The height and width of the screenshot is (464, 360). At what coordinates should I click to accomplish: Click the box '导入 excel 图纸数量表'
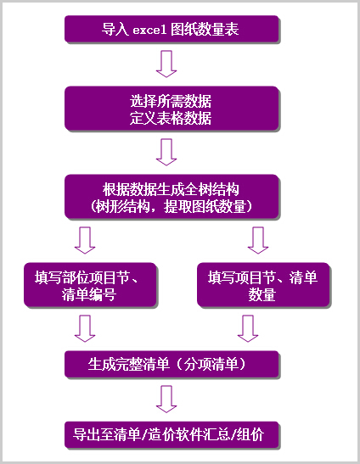tap(172, 31)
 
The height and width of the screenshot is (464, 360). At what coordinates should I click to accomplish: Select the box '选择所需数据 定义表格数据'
tap(172, 109)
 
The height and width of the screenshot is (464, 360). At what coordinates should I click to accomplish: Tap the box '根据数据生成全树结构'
tap(172, 195)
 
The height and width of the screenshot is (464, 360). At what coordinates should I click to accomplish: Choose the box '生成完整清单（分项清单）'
tap(172, 363)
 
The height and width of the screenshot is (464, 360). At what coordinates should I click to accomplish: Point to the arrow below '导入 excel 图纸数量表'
tap(166, 64)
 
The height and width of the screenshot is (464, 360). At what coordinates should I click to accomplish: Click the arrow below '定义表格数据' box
tap(166, 151)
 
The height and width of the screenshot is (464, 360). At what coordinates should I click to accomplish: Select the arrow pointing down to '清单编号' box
tap(85, 239)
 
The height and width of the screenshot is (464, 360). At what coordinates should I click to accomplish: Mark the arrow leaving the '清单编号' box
tap(85, 327)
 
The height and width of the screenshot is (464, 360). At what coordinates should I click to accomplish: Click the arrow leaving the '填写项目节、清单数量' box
tap(247, 327)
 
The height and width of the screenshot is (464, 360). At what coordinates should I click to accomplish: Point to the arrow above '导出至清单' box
tap(166, 399)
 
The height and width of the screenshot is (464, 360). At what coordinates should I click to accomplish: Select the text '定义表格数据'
tap(172, 118)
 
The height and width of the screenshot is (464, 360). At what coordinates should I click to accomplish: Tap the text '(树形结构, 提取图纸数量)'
tap(172, 204)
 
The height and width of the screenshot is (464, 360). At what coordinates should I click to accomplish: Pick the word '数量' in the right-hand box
tap(262, 294)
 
